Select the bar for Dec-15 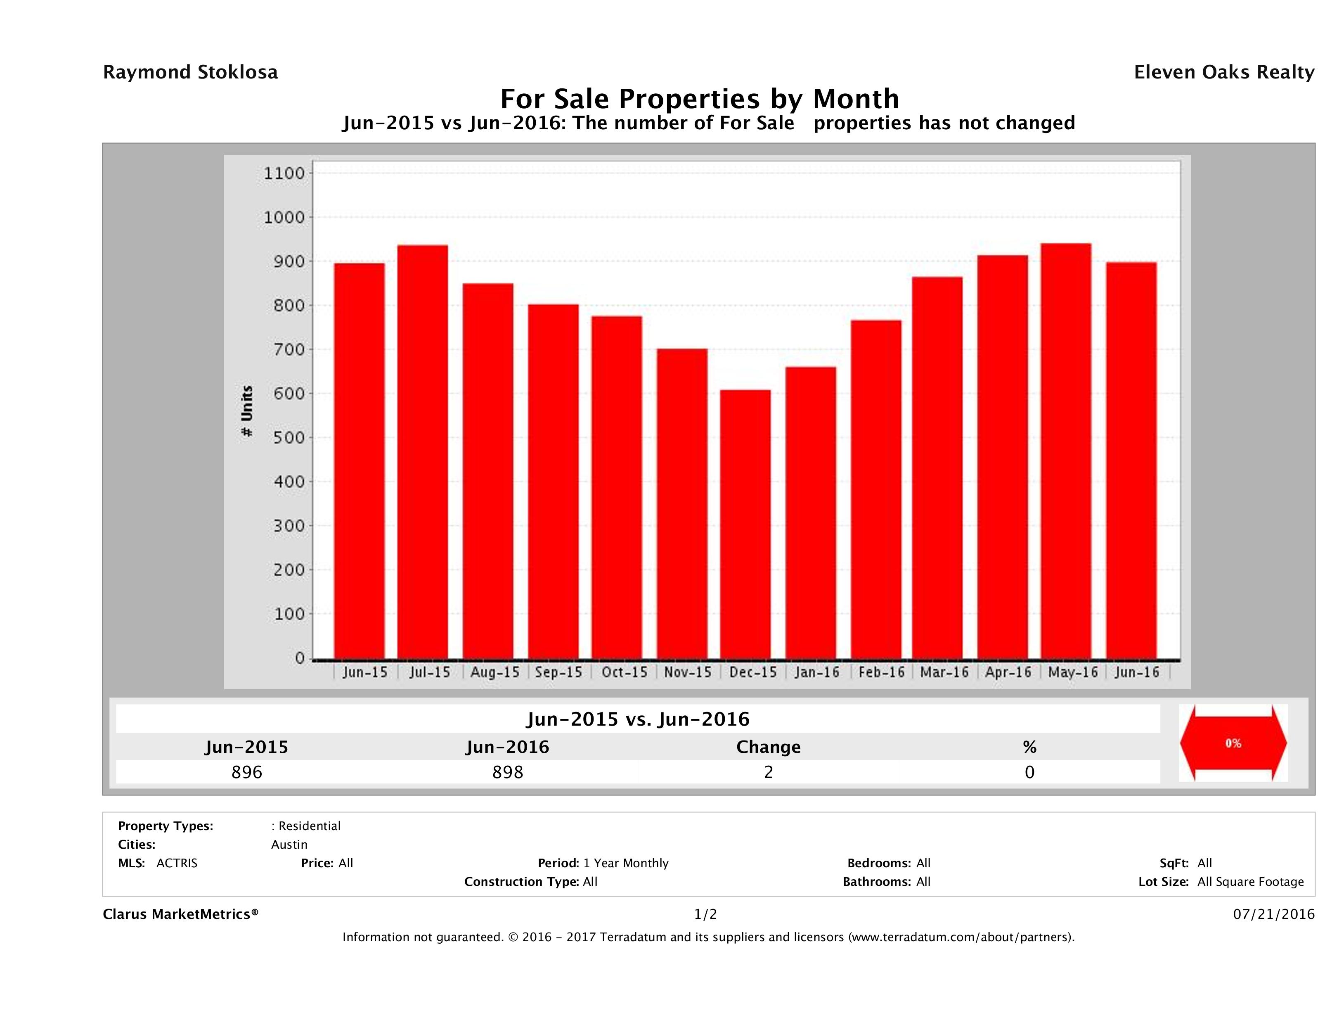[745, 524]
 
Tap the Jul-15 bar [423, 452]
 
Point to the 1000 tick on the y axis [284, 218]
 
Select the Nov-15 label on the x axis [688, 672]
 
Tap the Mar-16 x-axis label [944, 672]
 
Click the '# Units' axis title [247, 411]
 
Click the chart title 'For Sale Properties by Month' [700, 98]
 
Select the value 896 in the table [247, 772]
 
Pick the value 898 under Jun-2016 [508, 772]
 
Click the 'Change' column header [769, 747]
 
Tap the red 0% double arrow [1233, 743]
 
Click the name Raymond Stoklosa [190, 72]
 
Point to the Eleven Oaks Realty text [1223, 72]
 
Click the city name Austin [289, 845]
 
